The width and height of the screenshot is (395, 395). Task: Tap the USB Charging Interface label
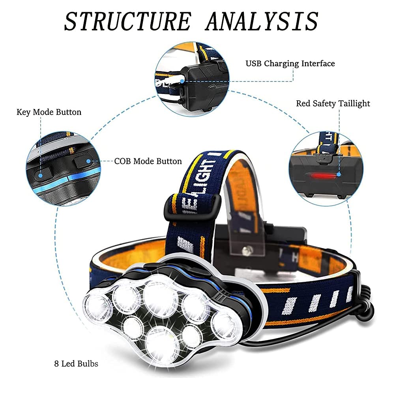[x=290, y=64]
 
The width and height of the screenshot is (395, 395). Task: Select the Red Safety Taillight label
[x=333, y=103]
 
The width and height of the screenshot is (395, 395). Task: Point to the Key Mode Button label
[x=49, y=112]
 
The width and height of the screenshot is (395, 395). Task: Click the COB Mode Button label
[x=148, y=161]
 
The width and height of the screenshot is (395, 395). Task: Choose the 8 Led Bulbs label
[x=76, y=364]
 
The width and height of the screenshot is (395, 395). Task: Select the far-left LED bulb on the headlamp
[x=97, y=306]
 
